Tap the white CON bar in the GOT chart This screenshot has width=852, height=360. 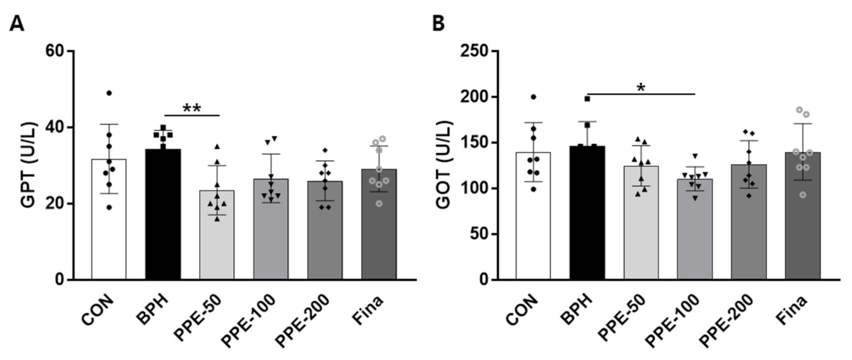(533, 216)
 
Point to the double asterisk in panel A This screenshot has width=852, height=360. (192, 108)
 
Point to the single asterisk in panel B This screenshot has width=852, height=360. (641, 87)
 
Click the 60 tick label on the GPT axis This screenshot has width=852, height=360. (56, 51)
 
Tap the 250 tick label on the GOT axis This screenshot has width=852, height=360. (478, 51)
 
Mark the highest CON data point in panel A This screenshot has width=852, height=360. (109, 93)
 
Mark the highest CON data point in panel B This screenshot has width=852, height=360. (533, 97)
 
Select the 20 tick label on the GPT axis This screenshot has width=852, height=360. (56, 203)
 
